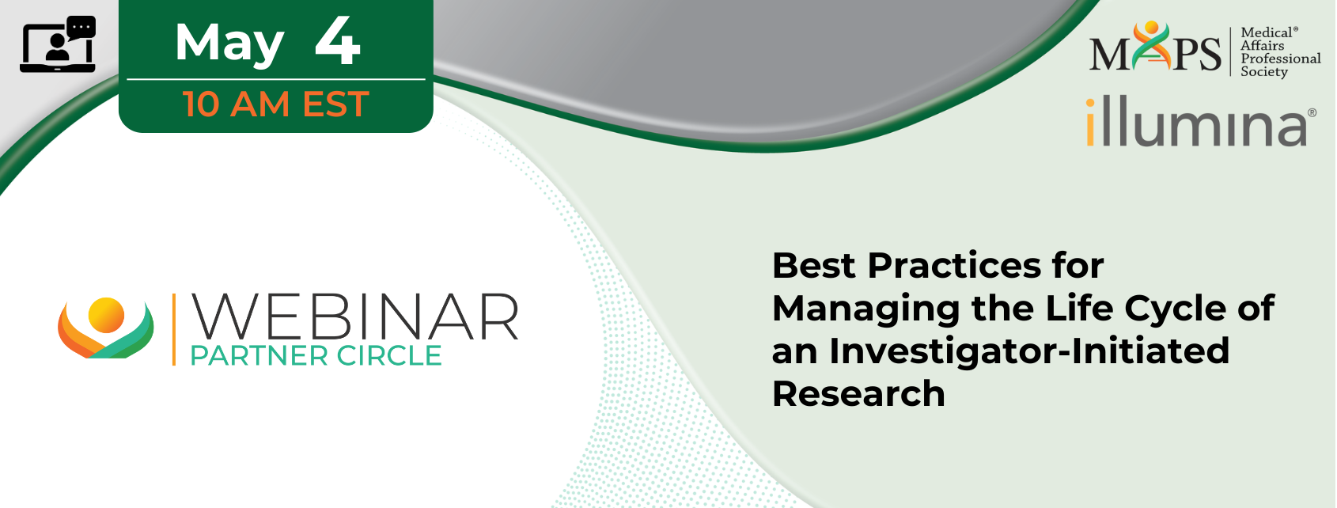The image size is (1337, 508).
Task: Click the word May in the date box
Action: coord(229,44)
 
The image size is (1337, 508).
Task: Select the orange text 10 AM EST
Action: coord(276,104)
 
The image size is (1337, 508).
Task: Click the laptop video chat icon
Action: coord(58,44)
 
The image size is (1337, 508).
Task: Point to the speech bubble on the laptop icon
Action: coord(81,27)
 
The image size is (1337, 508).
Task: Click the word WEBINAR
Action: coord(354,317)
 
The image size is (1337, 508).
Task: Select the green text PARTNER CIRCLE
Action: coord(316,356)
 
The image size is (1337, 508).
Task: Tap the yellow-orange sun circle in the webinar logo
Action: coord(106,315)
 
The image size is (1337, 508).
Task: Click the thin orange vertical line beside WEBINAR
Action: coord(174,329)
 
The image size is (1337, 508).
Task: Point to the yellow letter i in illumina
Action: coord(1090,122)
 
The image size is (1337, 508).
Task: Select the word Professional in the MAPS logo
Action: coord(1280,59)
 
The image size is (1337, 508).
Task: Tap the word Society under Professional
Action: coord(1264,72)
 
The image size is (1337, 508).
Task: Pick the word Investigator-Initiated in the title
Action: coord(1029,351)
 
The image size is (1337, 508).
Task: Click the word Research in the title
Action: coord(859,394)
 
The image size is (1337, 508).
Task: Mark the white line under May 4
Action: coord(276,79)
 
